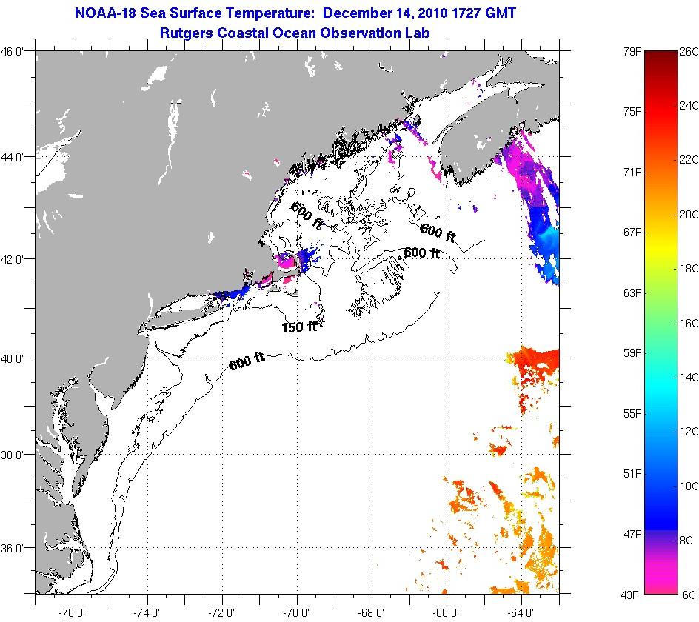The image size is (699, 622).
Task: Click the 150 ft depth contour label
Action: [299, 326]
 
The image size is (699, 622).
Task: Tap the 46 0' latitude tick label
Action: [16, 51]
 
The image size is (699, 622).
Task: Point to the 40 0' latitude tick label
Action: [16, 358]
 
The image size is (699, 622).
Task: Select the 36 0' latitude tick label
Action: [16, 549]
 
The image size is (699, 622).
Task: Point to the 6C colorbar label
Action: [688, 595]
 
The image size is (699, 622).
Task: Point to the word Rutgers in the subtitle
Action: [186, 33]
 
